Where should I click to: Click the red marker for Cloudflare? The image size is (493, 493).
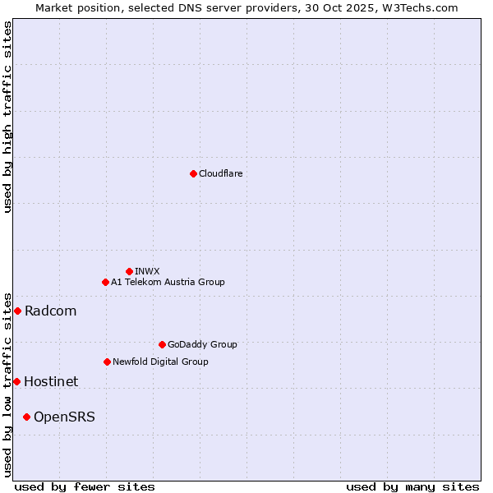coord(193,173)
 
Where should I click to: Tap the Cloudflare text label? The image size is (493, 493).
coord(221,173)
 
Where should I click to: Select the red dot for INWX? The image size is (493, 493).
coord(129,271)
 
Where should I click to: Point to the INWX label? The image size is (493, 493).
coord(147,271)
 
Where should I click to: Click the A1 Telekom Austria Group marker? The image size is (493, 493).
coord(105,282)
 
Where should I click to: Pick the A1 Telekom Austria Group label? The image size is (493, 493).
coord(168,282)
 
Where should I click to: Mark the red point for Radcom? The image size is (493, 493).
coord(17,311)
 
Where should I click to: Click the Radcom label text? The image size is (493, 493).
coord(51,311)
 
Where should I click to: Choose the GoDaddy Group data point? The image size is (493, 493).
coord(162,344)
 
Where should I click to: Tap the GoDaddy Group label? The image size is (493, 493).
coord(202,344)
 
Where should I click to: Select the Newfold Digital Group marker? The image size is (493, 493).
coord(107,362)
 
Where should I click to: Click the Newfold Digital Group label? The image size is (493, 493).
coord(160,362)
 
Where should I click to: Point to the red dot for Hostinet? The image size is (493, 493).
coord(16,381)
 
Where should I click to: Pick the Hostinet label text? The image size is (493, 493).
coord(51,381)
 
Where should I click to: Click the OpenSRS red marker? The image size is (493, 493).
coord(26,417)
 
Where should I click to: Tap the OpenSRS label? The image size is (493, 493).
coord(64,417)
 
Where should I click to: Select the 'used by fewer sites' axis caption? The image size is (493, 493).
coord(85,486)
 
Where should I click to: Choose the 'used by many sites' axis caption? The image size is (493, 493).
coord(412,486)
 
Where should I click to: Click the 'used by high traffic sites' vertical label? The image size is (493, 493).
coord(7,117)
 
